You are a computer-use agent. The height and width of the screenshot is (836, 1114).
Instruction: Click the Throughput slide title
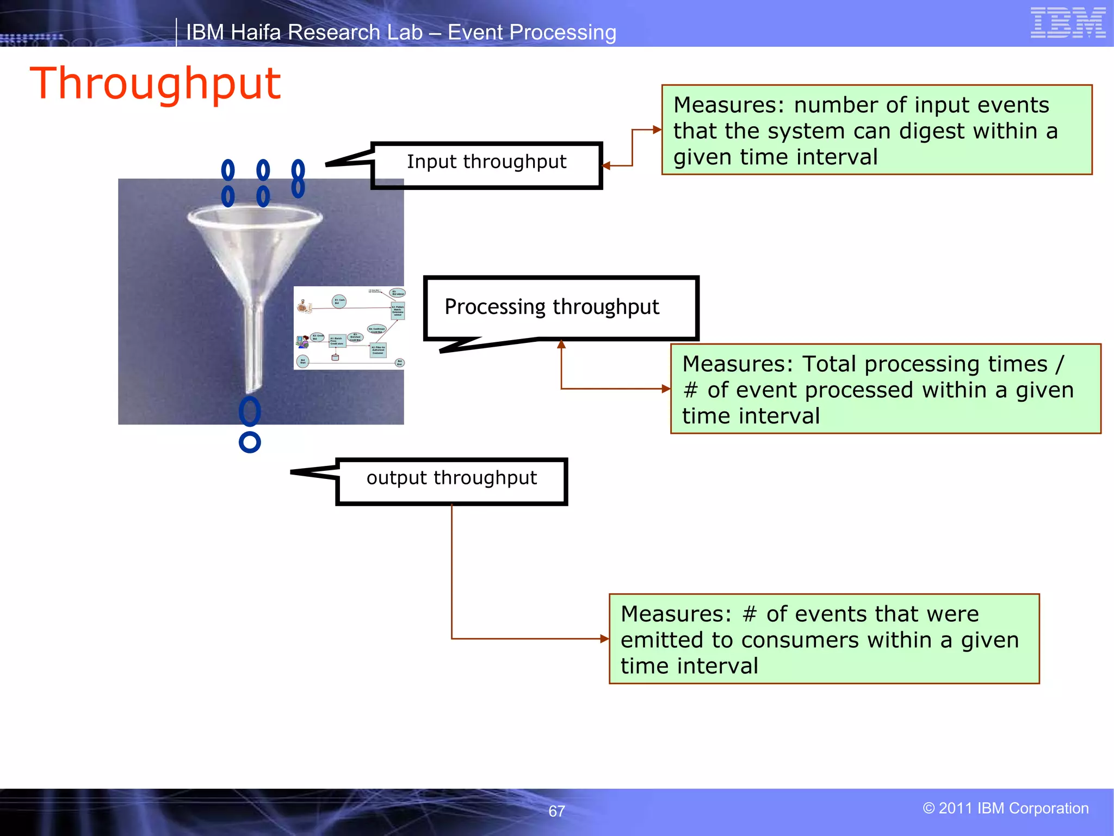coord(155,84)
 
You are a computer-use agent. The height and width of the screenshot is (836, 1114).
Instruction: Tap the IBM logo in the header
coord(1067,23)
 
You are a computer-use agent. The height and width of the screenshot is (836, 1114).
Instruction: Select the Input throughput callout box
coord(487,165)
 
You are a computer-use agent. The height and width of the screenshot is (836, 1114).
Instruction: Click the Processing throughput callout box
coord(560,308)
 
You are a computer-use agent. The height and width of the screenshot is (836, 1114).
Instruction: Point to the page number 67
coord(556,811)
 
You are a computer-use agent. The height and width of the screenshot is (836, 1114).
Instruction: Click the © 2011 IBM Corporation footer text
coord(1005,808)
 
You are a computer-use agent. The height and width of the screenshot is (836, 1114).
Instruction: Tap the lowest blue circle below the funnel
coord(250,442)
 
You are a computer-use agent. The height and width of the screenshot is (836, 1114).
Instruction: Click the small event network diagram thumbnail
coord(349,328)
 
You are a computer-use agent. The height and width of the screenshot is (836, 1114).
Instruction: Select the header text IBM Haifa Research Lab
coord(304,33)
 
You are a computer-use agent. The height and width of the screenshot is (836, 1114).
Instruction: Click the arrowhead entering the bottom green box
coord(604,638)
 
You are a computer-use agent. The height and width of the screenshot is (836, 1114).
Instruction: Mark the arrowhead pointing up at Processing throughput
coord(561,345)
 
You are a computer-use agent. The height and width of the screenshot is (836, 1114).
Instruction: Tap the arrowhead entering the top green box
coord(657,130)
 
